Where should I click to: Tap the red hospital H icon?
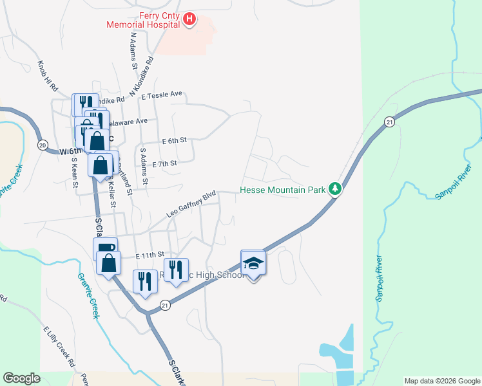coord(189,20)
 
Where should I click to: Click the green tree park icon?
coord(334,189)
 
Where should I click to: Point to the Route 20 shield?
coord(43,145)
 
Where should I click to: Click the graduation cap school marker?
coord(253,263)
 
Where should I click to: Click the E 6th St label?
coord(174,140)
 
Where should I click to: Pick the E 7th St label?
coord(164,164)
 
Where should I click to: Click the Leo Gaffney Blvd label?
coord(191,203)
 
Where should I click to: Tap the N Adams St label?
coord(134,51)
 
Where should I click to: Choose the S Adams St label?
coord(144,166)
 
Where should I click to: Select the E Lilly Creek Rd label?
coord(56,347)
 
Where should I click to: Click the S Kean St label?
coord(75,172)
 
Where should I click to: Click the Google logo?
coord(21,378)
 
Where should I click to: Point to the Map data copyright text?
coord(441,381)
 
